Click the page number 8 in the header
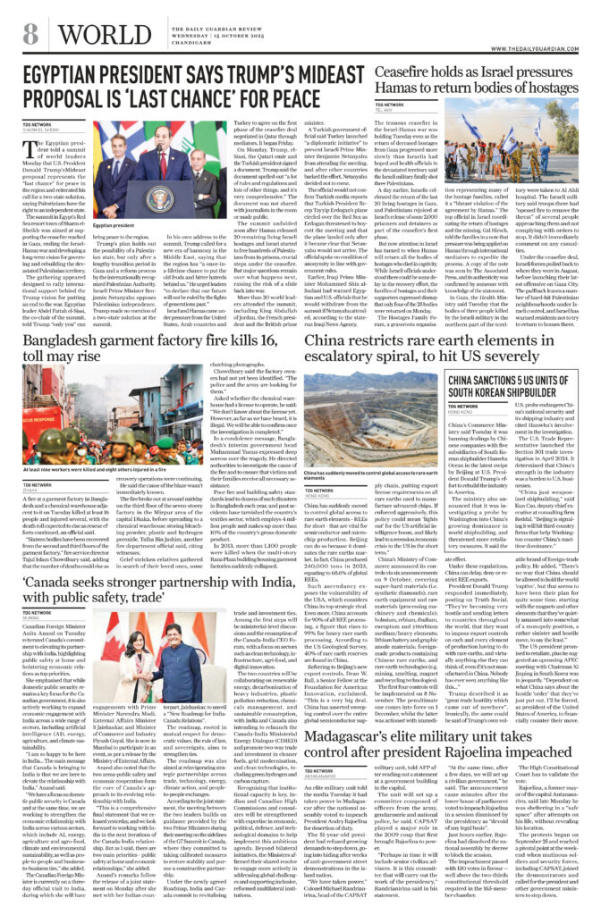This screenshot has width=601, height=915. click(30, 35)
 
